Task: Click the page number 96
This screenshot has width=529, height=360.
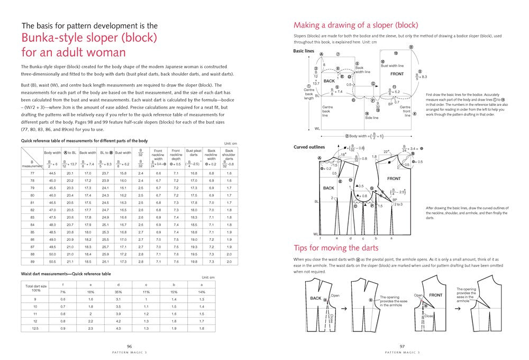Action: [x=129, y=346]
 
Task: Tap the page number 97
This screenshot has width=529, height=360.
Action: [x=402, y=346]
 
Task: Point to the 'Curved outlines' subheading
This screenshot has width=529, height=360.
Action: [x=309, y=147]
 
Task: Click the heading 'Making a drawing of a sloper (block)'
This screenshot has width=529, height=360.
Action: [x=355, y=25]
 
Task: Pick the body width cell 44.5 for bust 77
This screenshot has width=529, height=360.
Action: [x=53, y=173]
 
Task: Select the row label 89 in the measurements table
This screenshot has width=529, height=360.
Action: [x=32, y=261]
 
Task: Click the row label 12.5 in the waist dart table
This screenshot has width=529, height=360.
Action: [x=35, y=329]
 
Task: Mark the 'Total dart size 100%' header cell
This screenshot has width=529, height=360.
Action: [x=36, y=288]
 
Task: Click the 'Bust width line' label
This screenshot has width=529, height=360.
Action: [x=392, y=66]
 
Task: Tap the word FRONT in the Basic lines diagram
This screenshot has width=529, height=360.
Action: [x=397, y=74]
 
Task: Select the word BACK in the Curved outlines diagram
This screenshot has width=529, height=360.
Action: [x=329, y=188]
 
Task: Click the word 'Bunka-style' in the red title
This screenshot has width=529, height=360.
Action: [x=57, y=38]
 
